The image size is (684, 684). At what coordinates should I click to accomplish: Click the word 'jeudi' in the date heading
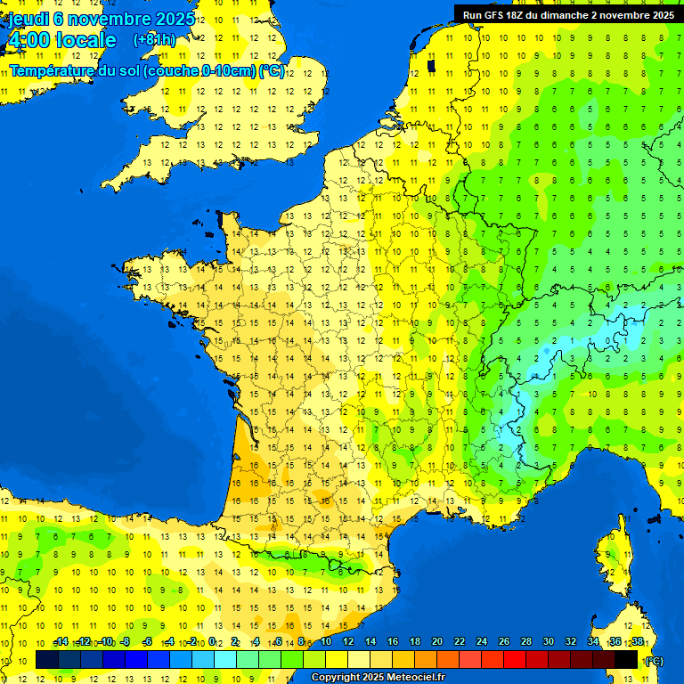click(29, 18)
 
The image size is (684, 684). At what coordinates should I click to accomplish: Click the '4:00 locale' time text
click(61, 40)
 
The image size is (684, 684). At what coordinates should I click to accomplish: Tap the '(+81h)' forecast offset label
click(154, 40)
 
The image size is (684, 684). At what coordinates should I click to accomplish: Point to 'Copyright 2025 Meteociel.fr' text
click(378, 678)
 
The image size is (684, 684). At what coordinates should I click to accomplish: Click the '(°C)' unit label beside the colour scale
click(653, 661)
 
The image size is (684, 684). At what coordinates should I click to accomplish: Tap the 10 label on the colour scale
click(326, 642)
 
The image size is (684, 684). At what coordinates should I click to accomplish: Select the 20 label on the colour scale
click(437, 642)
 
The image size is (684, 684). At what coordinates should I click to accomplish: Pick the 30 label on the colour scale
click(549, 642)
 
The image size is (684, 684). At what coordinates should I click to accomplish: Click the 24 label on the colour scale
click(482, 642)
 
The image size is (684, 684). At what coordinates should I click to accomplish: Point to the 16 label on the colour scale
click(393, 642)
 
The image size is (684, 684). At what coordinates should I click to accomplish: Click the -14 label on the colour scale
click(60, 642)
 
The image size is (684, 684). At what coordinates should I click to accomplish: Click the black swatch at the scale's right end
click(626, 660)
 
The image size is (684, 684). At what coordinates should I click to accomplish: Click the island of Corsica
click(612, 557)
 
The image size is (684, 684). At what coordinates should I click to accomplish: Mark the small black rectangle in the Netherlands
click(431, 65)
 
